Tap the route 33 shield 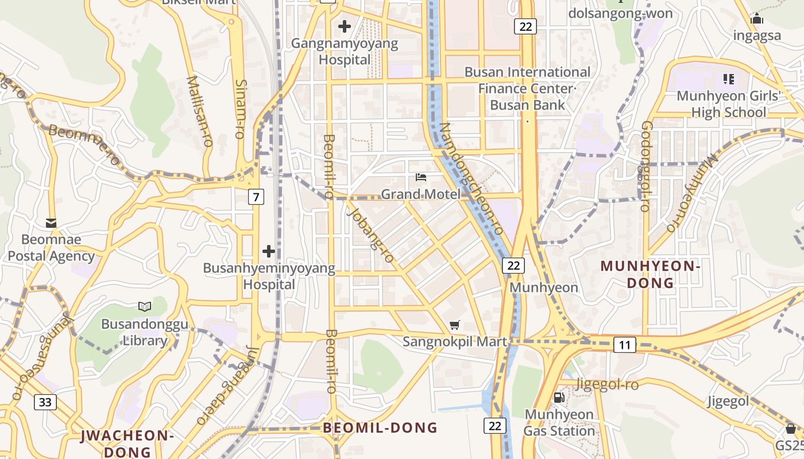tap(45, 402)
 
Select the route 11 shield tap(625, 345)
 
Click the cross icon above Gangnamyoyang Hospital tap(345, 26)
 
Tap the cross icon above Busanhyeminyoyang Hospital tap(269, 251)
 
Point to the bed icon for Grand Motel tap(421, 177)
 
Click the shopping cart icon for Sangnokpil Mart tap(455, 325)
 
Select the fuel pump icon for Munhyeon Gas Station tap(559, 397)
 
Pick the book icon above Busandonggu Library tap(145, 307)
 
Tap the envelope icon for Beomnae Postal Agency tap(51, 223)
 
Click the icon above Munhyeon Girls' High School tap(729, 79)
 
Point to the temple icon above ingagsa tap(757, 19)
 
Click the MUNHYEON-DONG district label tap(650, 274)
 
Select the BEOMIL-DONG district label tap(380, 427)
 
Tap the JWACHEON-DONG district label tap(126, 444)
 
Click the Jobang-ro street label tap(370, 236)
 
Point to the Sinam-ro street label tap(240, 109)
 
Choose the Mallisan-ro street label tap(200, 110)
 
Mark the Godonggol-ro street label tap(645, 166)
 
